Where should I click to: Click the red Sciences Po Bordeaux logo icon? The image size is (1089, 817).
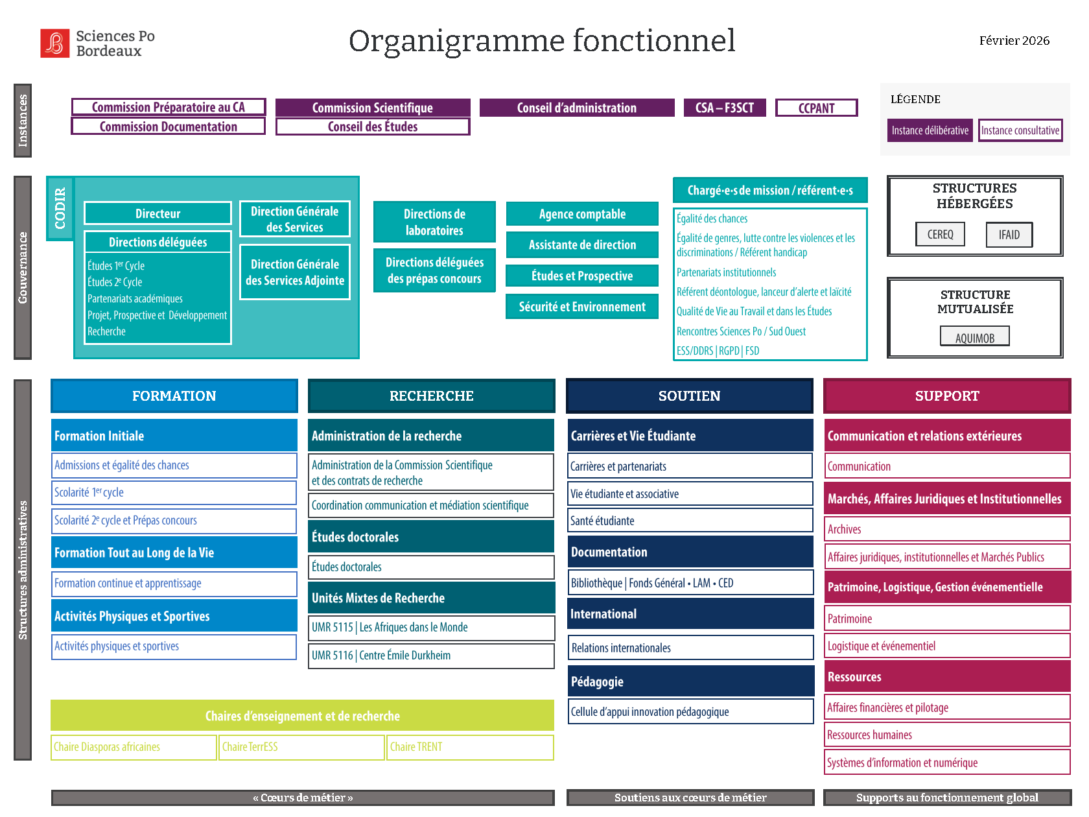[54, 43]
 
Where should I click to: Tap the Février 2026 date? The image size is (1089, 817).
[1014, 41]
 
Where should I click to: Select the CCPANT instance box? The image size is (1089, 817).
[816, 108]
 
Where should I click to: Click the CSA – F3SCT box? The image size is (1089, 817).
[724, 108]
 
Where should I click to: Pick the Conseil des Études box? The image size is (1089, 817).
[373, 126]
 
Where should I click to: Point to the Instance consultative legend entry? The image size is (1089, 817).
[1020, 130]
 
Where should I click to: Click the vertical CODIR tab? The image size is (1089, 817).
[60, 208]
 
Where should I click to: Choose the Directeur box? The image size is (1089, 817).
[158, 213]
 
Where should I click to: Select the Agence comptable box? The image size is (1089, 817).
[582, 214]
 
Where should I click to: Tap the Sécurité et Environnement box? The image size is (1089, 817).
[582, 307]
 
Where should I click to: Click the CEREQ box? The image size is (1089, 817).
[940, 234]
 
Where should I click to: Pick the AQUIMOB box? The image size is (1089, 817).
[974, 337]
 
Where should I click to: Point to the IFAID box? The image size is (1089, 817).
[1009, 234]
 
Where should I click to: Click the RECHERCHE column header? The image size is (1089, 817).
[431, 396]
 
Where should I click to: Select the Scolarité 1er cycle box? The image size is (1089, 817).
[174, 493]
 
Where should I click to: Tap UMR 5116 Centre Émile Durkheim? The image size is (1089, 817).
[431, 656]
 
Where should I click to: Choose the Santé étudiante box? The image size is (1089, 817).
[690, 521]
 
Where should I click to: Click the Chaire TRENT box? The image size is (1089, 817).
[470, 747]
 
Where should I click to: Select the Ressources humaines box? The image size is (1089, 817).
[946, 735]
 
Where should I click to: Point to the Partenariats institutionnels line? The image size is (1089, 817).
[726, 272]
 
